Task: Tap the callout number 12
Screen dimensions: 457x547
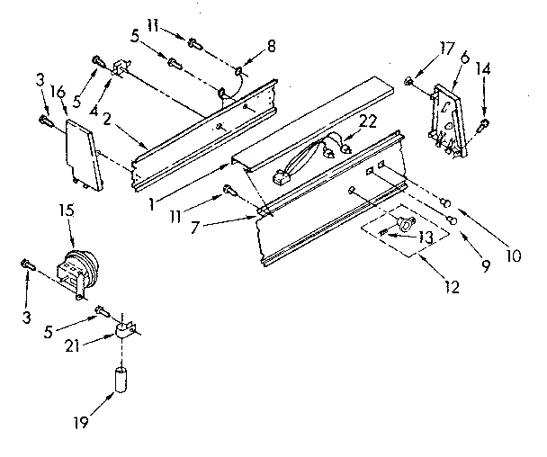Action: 452,288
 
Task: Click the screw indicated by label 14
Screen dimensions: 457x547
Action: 485,123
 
